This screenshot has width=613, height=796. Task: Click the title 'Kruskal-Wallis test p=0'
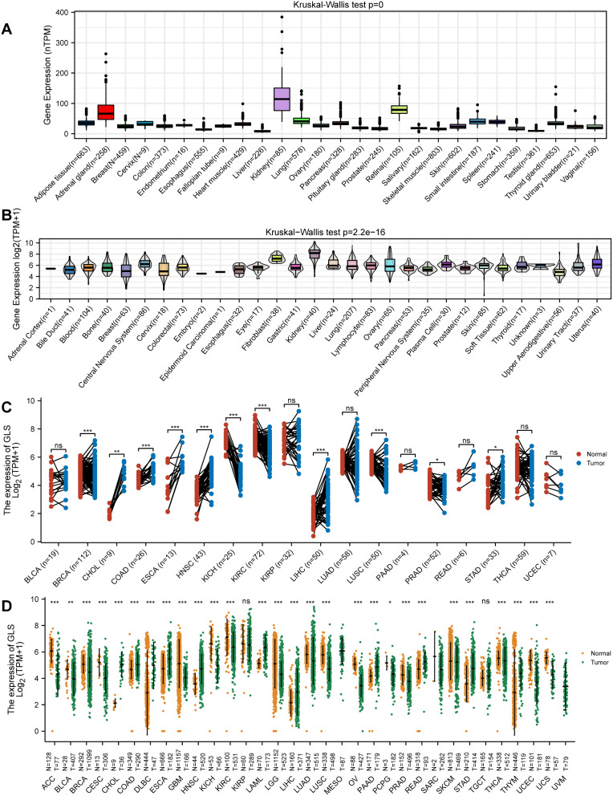pyautogui.click(x=322, y=6)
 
